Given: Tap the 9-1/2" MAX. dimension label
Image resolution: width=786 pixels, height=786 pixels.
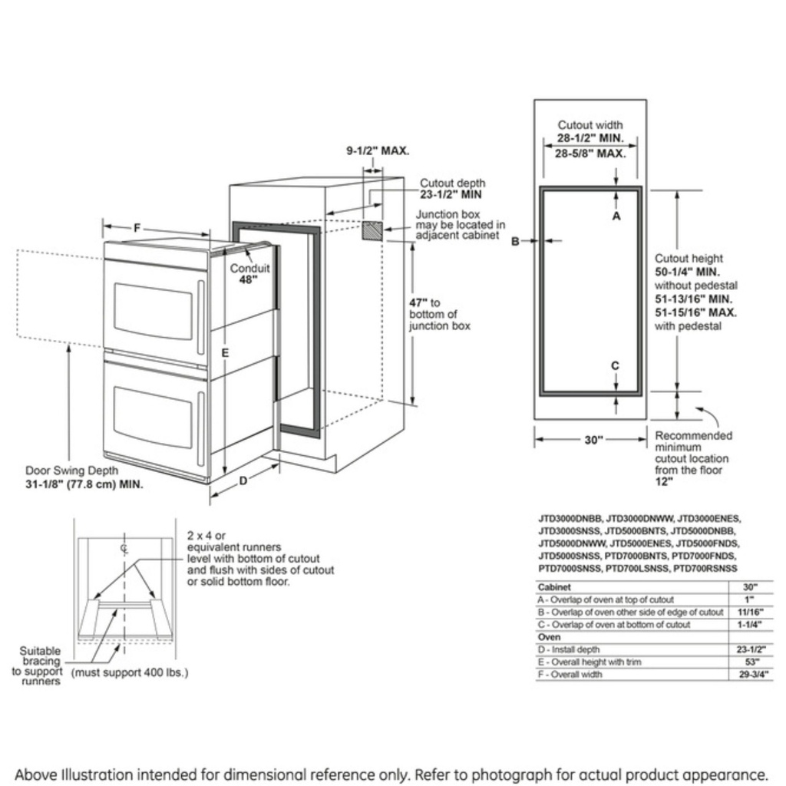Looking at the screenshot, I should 377,151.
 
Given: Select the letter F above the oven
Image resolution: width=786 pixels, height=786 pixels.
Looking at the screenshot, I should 137,228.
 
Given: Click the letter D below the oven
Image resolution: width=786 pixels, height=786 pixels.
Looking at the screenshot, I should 243,481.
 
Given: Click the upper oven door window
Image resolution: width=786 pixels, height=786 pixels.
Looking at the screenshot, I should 154,311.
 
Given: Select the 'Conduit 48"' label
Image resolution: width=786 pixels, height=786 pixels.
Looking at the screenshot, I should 249,274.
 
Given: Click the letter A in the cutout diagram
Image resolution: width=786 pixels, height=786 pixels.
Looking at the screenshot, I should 616,216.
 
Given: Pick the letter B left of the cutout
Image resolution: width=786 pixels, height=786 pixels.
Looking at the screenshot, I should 516,241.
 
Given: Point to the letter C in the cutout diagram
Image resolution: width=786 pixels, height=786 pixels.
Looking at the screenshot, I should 615,365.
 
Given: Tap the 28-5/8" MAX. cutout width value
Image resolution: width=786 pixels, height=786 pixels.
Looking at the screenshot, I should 590,154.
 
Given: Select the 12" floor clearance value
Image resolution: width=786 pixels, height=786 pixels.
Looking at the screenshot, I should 663,482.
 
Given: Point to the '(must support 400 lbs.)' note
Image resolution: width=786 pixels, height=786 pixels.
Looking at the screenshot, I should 130,673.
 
